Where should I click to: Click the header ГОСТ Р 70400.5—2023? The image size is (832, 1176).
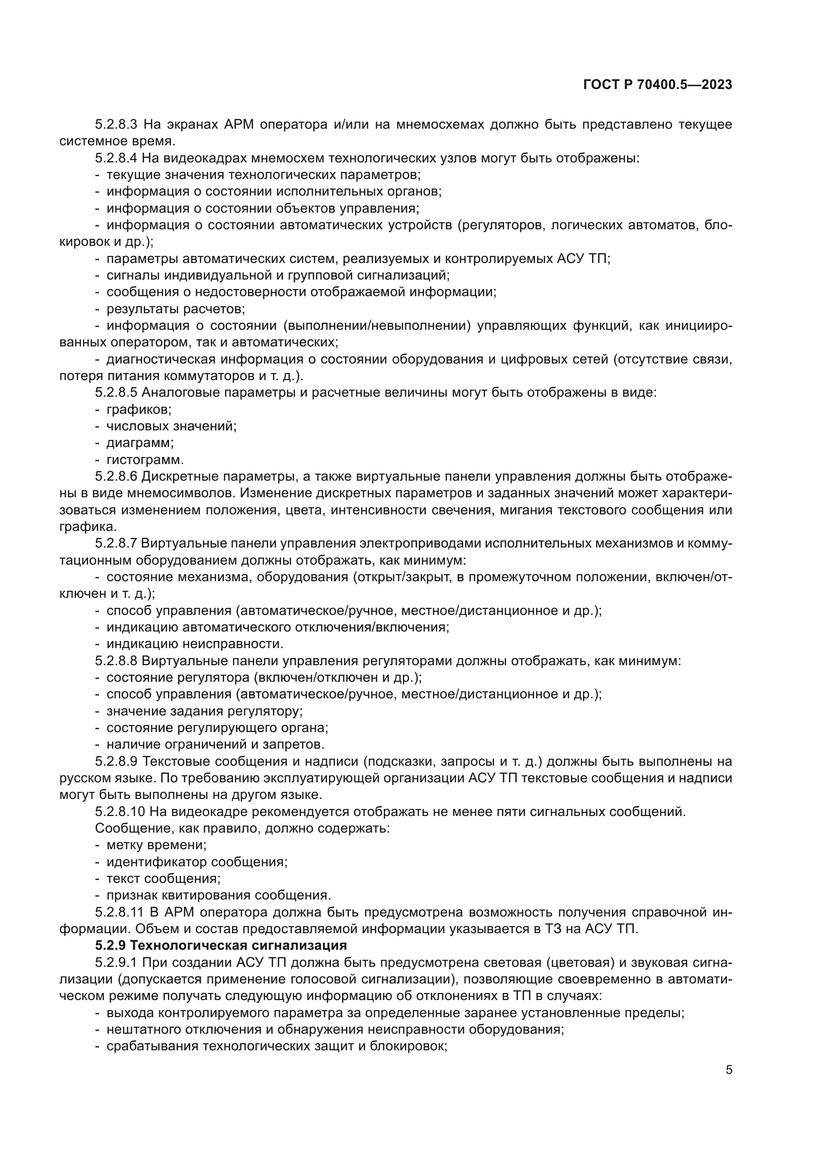click(657, 85)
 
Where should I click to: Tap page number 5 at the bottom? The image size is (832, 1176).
click(728, 1070)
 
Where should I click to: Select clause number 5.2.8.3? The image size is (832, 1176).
click(116, 125)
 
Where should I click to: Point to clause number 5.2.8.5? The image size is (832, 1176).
click(116, 393)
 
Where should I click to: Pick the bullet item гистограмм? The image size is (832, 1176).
click(144, 460)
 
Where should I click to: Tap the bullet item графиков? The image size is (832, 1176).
click(139, 410)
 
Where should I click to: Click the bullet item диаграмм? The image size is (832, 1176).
click(140, 443)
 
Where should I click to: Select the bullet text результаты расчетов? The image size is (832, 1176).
click(175, 309)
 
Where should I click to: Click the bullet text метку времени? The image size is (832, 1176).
click(156, 845)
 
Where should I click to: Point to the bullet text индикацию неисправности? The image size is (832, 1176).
click(195, 644)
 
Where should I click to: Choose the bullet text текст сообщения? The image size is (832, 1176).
click(163, 879)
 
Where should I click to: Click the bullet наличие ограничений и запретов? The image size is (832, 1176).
click(215, 744)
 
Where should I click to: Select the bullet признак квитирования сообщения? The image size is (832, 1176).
click(219, 896)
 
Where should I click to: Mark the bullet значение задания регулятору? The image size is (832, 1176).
click(204, 711)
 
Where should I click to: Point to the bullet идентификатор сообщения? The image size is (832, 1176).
click(197, 862)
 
